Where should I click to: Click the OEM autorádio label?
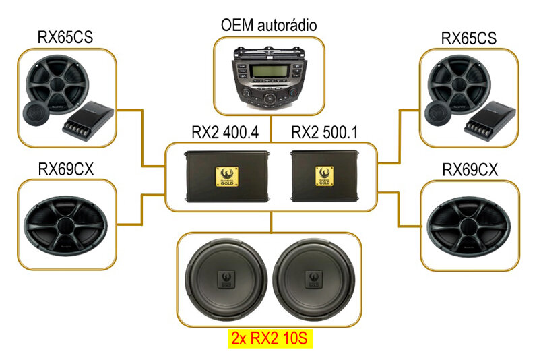269,26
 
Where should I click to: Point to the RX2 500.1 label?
323,133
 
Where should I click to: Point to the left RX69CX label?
65,169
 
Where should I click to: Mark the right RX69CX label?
470,169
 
